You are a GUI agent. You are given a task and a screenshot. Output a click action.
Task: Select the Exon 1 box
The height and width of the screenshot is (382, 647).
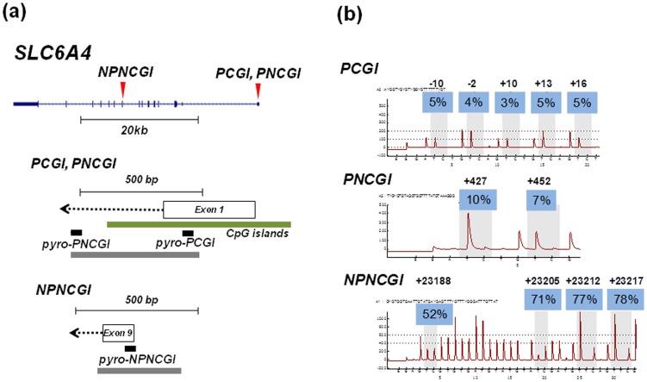tap(208, 209)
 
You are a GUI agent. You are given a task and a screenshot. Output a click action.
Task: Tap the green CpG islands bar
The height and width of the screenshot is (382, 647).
tap(198, 224)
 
